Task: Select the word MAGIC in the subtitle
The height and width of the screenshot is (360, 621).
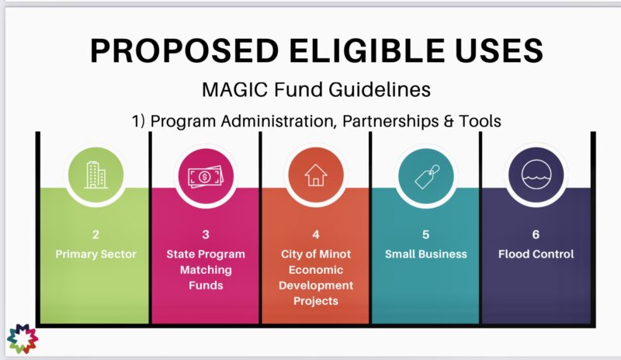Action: (x=235, y=90)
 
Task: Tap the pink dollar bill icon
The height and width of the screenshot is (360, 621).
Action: (x=204, y=175)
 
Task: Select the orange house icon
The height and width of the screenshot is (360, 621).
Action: (x=315, y=175)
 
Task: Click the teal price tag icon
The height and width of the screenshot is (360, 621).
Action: (x=425, y=175)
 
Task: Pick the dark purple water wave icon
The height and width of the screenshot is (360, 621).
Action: (x=536, y=175)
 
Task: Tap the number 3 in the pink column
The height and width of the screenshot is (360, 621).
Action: (x=205, y=234)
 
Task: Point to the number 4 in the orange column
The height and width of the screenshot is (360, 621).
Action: (x=316, y=234)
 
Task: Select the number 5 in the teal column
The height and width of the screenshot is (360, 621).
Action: (x=425, y=234)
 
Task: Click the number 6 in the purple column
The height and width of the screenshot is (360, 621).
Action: (x=536, y=234)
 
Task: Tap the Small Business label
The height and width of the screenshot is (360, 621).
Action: (x=425, y=254)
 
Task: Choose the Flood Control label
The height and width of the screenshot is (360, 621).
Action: (x=536, y=254)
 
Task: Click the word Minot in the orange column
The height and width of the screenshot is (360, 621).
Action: (x=336, y=254)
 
